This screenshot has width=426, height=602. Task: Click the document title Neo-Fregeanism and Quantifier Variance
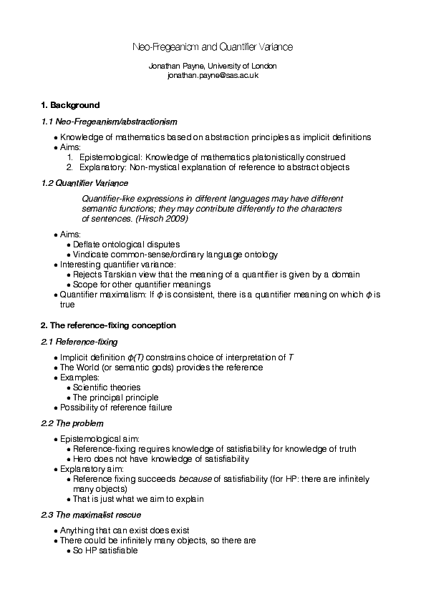213,46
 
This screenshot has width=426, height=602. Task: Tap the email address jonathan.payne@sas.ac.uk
213,74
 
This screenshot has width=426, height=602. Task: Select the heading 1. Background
70,105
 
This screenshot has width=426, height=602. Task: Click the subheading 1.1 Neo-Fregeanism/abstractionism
108,122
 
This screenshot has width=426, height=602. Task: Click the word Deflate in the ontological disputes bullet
86,245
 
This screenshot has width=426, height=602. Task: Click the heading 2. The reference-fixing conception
108,325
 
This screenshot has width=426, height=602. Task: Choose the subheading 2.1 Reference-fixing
79,342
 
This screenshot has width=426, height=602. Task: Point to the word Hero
82,459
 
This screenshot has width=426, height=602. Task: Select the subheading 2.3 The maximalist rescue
91,515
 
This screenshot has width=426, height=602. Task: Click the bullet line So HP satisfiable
105,551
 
